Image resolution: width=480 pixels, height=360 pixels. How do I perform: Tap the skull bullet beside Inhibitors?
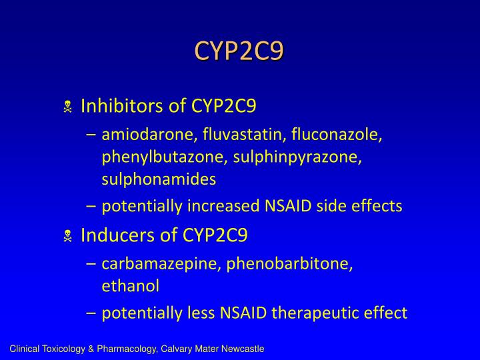(x=67, y=107)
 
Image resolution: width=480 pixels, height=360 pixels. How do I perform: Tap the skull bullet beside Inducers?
(x=67, y=235)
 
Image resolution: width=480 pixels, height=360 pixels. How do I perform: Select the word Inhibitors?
(x=119, y=106)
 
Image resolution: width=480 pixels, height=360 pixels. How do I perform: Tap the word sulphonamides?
(x=159, y=179)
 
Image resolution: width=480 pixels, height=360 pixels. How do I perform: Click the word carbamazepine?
(x=161, y=264)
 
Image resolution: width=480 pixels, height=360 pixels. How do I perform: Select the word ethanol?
(x=131, y=286)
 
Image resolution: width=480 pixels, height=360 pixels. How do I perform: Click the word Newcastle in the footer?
(x=245, y=349)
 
